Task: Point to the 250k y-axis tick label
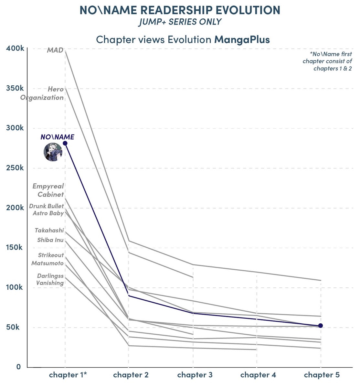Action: tap(15, 168)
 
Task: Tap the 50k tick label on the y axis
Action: tap(14, 327)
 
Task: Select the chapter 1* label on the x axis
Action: tap(68, 375)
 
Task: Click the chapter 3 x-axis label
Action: tap(195, 375)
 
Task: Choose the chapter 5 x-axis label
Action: tap(322, 375)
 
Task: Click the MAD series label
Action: tap(55, 50)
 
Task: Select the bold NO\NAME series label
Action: tap(57, 137)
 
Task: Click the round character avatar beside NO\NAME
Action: tap(53, 152)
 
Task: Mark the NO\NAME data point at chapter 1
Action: tap(65, 143)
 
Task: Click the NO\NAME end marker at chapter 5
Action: tap(321, 326)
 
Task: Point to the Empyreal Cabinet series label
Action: tap(48, 190)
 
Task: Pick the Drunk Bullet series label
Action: tap(46, 206)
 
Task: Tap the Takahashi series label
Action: tap(49, 231)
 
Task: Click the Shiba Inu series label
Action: tap(50, 240)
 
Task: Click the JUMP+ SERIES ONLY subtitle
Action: tap(180, 22)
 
